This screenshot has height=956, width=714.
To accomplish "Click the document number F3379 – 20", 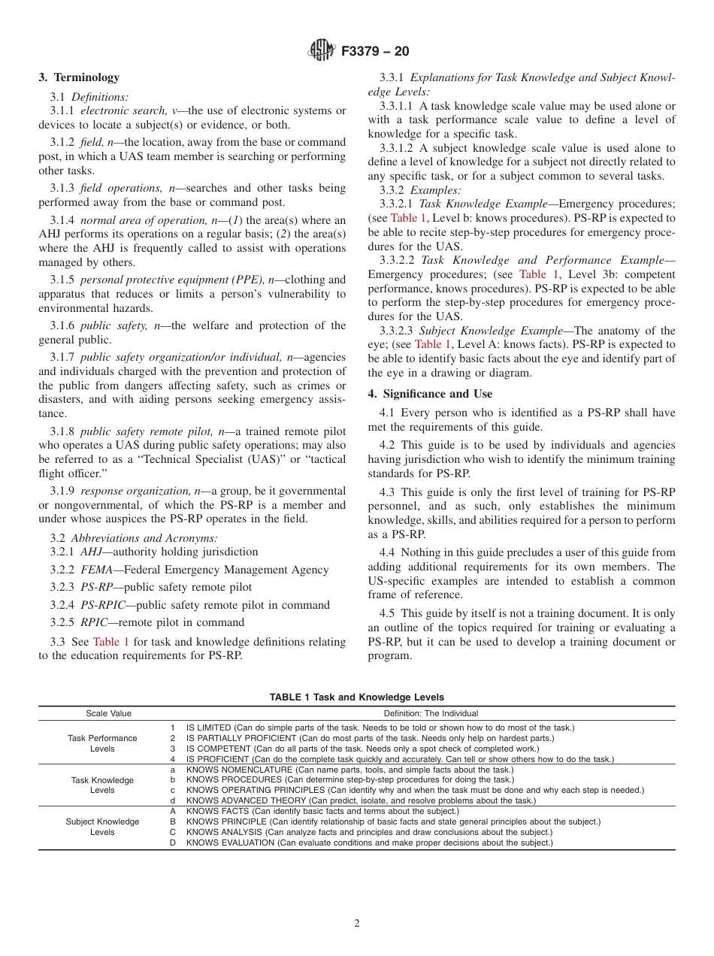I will [375, 52].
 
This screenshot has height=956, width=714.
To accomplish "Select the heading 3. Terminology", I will [79, 77].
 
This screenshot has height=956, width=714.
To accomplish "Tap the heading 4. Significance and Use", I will [430, 394].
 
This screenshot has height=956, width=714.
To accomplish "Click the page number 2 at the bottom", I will [357, 924].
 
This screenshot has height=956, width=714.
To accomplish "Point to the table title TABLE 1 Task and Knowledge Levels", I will [357, 697].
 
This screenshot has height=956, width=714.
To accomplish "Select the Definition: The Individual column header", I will [431, 713].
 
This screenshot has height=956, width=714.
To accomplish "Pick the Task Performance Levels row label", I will [102, 743].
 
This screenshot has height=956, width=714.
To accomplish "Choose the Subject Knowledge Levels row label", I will [102, 827].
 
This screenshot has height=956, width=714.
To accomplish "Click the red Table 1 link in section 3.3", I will [111, 642].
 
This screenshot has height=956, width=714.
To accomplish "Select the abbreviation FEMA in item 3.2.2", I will [96, 570].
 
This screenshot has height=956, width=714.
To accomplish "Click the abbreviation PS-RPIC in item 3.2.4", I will [100, 605].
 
